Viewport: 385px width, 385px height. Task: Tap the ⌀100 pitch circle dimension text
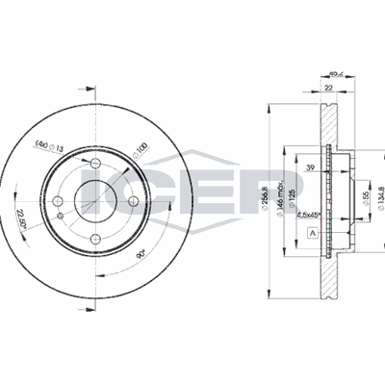140,151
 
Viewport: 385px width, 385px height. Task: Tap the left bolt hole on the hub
59,201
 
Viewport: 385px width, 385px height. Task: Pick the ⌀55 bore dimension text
366,197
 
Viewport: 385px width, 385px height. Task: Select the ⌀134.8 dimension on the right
380,197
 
